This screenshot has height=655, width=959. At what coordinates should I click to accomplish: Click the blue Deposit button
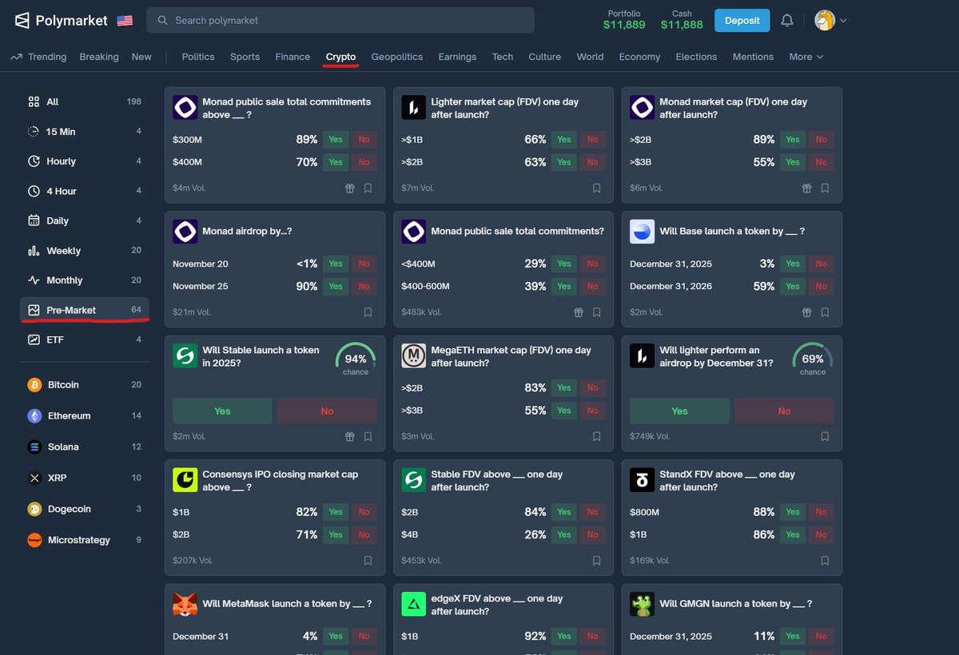coord(742,20)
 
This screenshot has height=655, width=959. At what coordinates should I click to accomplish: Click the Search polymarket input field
coord(340,20)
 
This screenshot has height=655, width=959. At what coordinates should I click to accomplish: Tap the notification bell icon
coord(787,20)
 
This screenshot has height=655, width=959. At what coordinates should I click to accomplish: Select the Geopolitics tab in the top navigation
coord(397,57)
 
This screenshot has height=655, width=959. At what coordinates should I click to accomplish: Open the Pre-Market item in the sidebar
coord(71,310)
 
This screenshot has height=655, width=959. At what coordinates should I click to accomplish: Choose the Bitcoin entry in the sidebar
coord(63,385)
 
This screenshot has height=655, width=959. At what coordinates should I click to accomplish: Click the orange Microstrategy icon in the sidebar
coord(34,540)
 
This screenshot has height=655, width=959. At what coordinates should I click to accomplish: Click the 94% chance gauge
coord(356,359)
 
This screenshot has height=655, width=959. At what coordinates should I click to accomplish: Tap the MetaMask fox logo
coord(185,604)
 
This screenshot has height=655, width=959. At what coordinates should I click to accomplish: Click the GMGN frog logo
coord(643,604)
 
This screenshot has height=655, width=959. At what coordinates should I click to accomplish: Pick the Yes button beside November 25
coord(336,286)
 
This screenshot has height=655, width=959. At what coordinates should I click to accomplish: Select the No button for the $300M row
coord(364,140)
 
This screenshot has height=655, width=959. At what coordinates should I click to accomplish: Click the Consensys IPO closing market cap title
coord(280,480)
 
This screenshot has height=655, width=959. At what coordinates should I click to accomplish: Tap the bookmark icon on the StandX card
coord(825,561)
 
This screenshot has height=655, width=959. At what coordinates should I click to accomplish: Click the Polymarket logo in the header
coord(62,21)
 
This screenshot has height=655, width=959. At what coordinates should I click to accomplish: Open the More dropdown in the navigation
coord(806,57)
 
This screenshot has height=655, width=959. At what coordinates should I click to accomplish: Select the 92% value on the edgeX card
coord(535,637)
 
